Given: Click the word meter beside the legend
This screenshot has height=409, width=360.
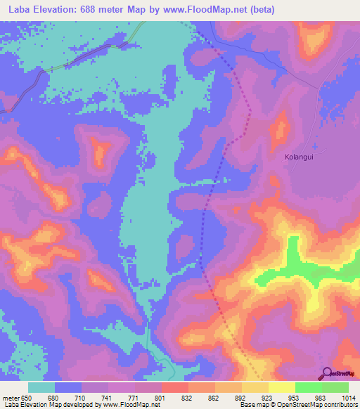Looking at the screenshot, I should tap(12, 398).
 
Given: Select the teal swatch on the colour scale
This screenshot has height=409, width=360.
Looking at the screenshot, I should tap(42, 387).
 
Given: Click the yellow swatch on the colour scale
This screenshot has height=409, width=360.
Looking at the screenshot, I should tap(281, 387).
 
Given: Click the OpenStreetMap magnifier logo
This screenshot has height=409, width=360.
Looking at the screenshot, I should tap(326, 374).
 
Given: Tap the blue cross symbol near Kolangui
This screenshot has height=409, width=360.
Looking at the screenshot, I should tap(315, 148).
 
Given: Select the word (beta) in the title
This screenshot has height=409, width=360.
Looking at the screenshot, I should tap(257, 10).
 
